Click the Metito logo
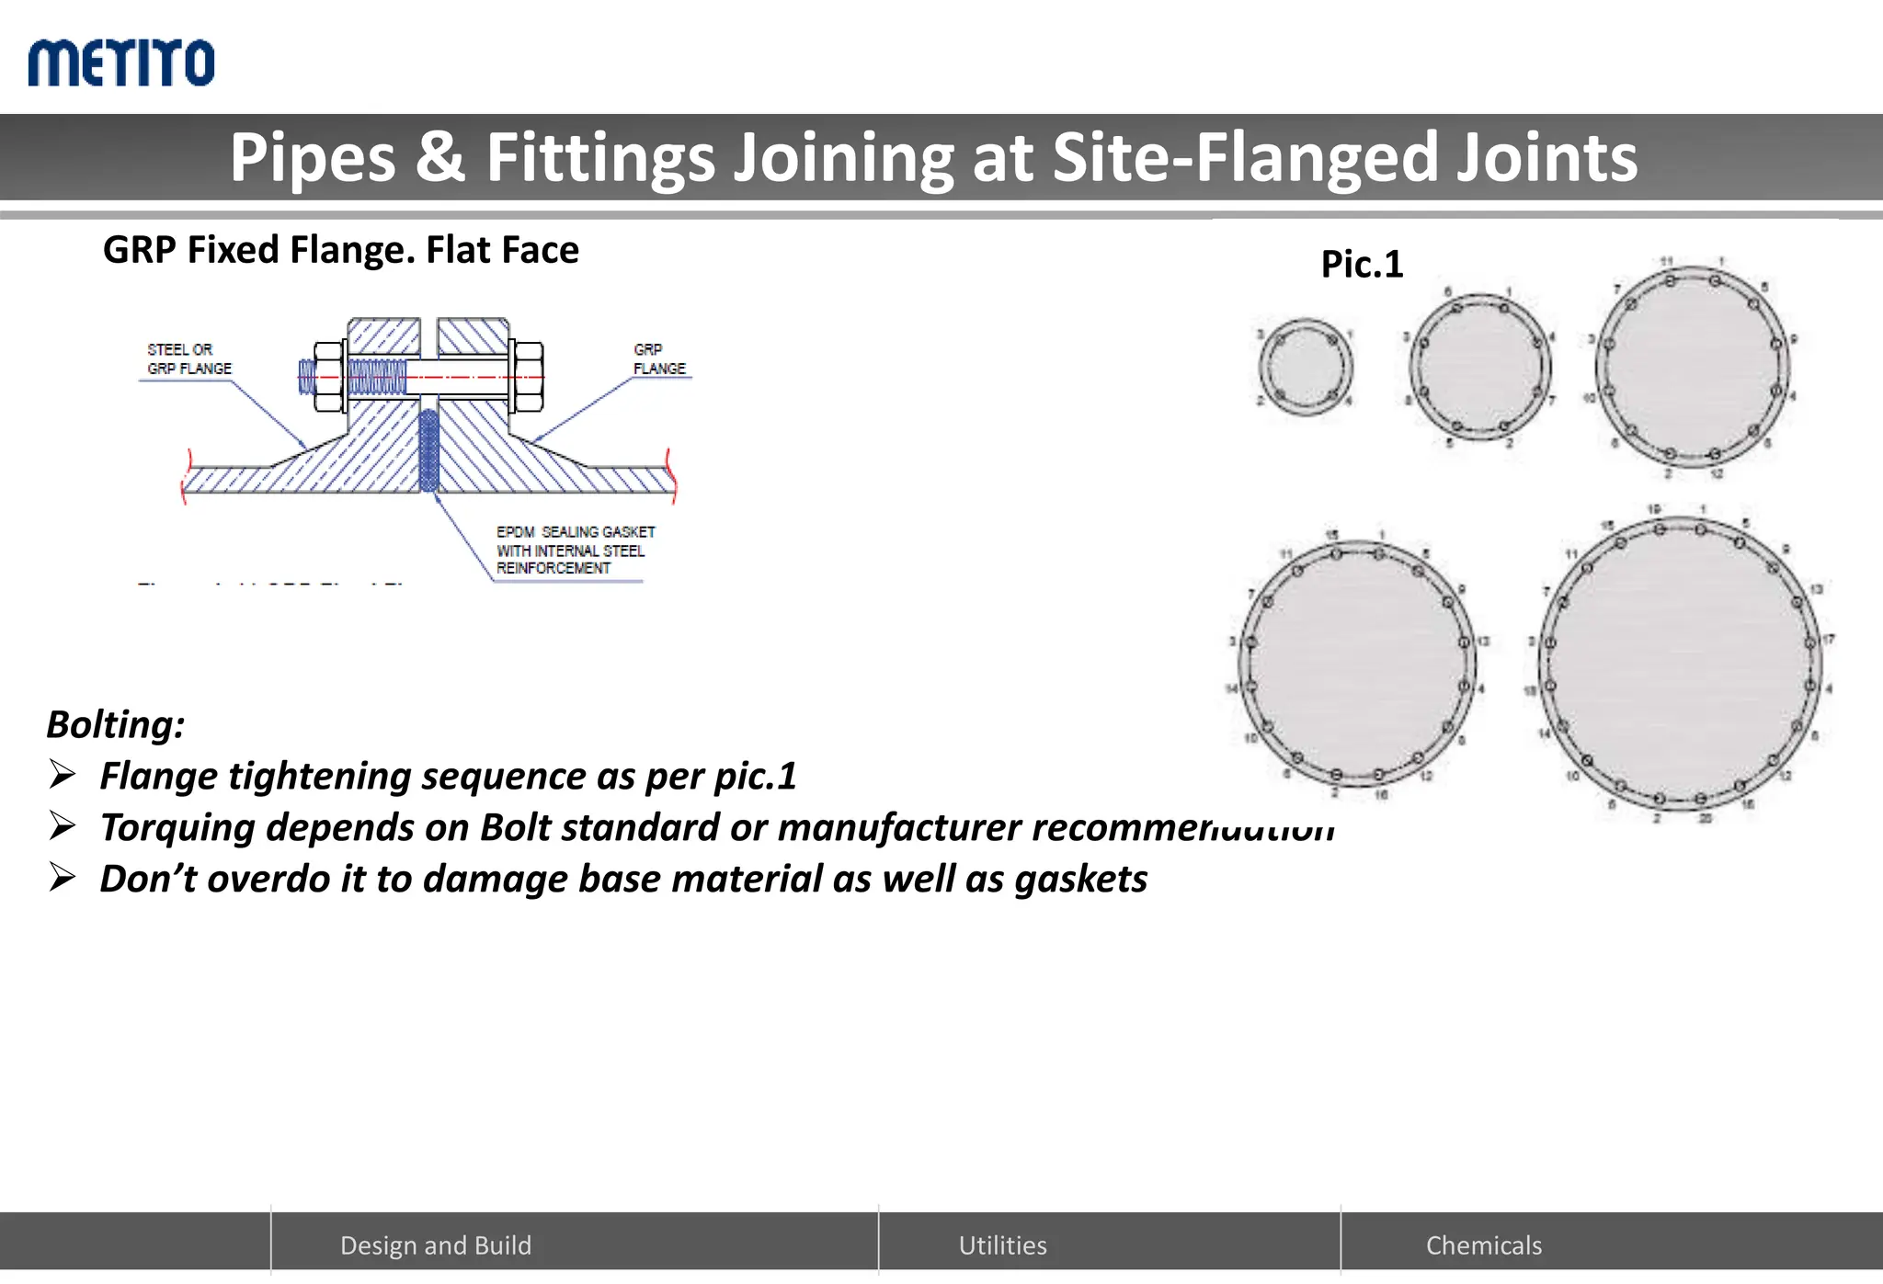(x=121, y=62)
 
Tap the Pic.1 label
(x=1362, y=265)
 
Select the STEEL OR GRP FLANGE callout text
(x=189, y=359)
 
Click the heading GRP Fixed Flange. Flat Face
(x=340, y=250)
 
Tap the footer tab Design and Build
(x=436, y=1245)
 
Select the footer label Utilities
(x=1002, y=1245)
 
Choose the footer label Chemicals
(x=1483, y=1245)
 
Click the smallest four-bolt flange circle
(x=1306, y=368)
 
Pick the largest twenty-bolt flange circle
(x=1681, y=664)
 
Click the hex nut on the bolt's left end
(x=329, y=376)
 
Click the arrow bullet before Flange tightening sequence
(x=63, y=776)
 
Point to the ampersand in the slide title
(x=440, y=157)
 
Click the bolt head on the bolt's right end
(x=526, y=376)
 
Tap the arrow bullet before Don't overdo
(x=63, y=879)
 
